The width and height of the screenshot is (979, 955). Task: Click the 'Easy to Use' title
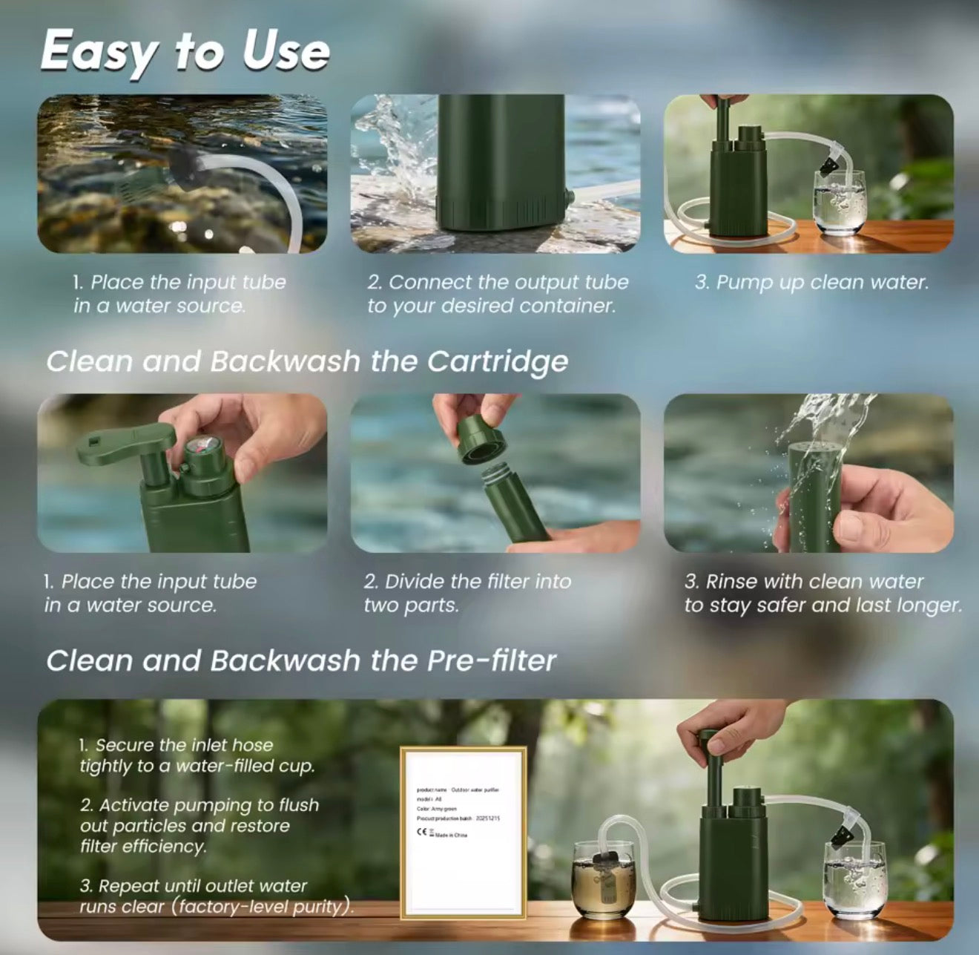coord(185,51)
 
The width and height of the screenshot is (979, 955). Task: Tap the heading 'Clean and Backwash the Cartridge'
coord(306,361)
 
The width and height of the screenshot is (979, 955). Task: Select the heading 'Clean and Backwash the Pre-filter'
coord(300,660)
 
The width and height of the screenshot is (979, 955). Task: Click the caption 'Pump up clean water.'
coord(811,283)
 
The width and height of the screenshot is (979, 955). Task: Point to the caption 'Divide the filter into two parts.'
coord(467,593)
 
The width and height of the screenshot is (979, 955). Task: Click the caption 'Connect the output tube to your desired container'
coord(498,294)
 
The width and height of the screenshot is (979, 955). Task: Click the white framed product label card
coord(464,832)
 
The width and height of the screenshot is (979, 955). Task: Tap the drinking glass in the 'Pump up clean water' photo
coord(839,203)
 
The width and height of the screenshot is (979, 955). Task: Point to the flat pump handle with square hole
coord(127,447)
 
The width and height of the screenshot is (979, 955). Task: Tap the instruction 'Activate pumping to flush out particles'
coord(199,825)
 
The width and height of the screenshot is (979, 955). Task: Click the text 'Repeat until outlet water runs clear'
coord(215,896)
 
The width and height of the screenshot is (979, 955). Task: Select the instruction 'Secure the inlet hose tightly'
coord(197,755)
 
